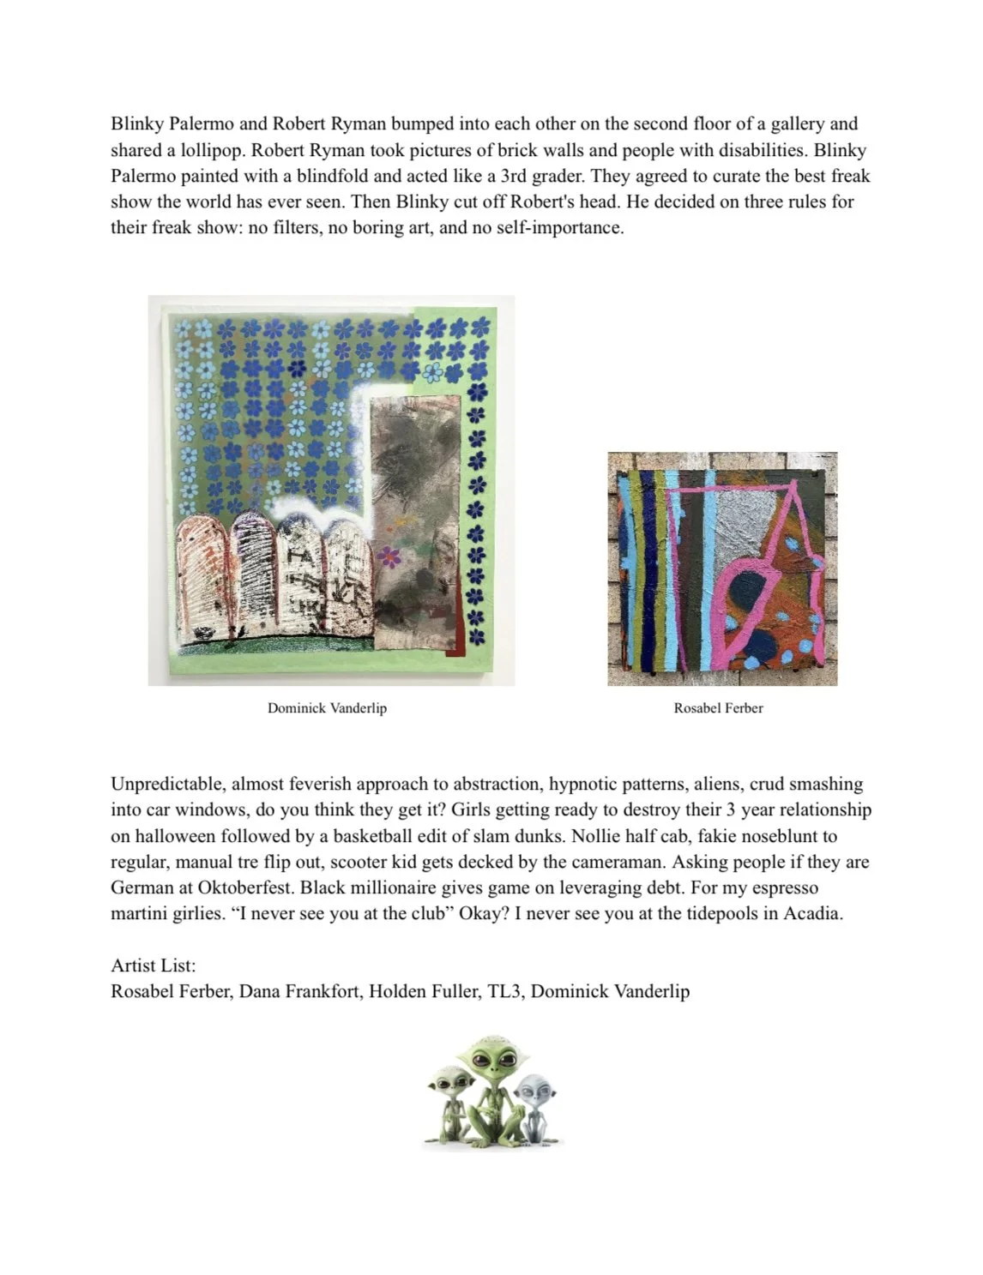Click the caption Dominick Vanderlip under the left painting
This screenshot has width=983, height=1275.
point(327,708)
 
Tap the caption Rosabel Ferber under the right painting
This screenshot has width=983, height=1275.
point(718,708)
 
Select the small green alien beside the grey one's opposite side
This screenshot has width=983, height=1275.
point(448,1098)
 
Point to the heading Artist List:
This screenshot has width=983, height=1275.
point(153,965)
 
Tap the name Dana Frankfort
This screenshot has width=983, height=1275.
point(299,991)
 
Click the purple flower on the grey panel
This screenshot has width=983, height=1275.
point(389,557)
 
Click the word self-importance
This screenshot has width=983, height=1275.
point(559,228)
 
